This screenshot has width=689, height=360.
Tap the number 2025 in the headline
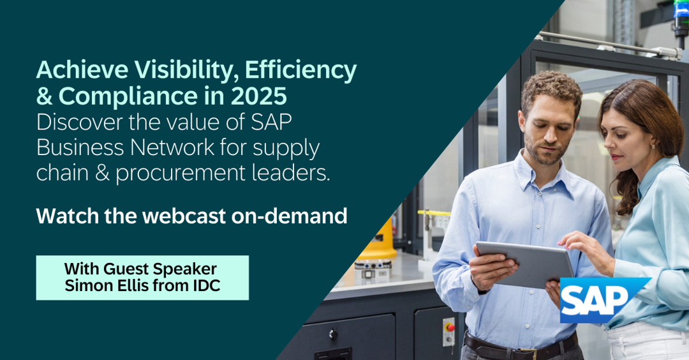pos(259,96)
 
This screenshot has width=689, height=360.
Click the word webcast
pos(184,216)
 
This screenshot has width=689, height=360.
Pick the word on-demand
pos(289,216)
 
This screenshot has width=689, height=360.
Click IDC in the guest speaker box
pos(205,286)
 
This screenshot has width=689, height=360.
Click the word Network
pos(172,147)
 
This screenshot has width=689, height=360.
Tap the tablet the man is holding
pos(525,264)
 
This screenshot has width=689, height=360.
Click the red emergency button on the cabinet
pos(449,327)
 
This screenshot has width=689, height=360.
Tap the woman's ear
pos(653,143)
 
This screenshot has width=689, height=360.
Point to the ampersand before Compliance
pos(45,96)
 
